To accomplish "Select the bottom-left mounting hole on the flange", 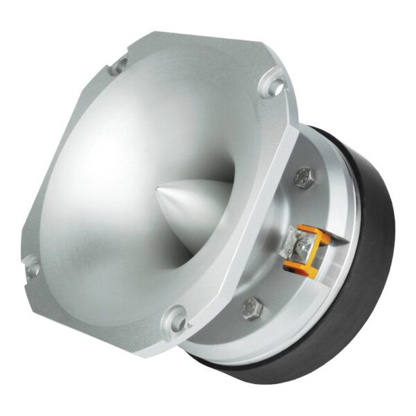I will (x=31, y=263).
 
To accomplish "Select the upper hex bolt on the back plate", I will (x=304, y=177).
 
